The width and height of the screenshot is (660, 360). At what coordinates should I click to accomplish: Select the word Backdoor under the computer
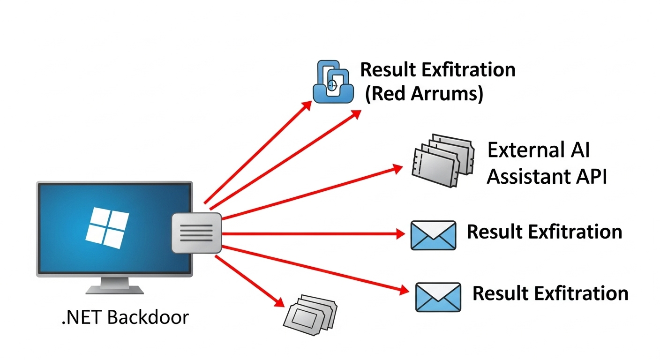point(148,317)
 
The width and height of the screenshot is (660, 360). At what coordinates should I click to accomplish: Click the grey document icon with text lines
point(196,232)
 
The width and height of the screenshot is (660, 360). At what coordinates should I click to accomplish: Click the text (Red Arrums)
point(424,94)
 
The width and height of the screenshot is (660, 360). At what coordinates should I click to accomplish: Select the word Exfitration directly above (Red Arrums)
point(468,70)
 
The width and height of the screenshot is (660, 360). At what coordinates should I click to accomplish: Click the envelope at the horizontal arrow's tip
point(433,235)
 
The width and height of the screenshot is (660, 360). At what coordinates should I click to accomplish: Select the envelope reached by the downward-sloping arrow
point(438,297)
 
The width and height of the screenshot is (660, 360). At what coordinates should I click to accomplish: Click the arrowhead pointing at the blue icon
point(307,105)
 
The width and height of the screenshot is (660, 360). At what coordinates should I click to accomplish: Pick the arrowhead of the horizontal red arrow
point(400,233)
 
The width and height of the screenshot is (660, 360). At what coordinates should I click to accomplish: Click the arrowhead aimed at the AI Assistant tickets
point(397,168)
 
